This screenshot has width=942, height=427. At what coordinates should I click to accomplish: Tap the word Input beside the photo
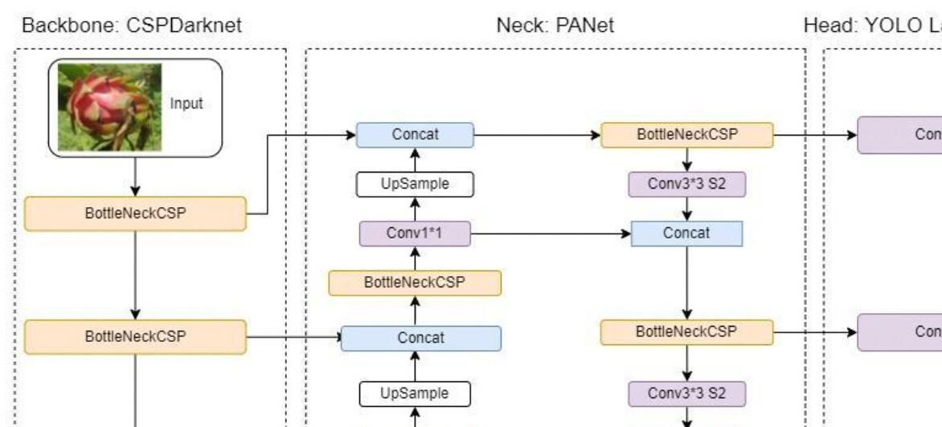pos(186,104)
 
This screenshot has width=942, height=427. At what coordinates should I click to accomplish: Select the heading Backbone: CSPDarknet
pos(132,26)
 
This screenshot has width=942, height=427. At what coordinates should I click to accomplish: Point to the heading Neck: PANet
pos(555,26)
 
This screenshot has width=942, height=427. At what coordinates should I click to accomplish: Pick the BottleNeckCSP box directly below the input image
pos(135,214)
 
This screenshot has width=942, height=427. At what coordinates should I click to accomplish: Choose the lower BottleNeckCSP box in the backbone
pos(135,336)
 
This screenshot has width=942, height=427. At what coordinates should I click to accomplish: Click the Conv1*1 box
pos(415,234)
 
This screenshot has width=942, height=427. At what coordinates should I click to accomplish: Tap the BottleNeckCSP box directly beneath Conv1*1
pos(415,283)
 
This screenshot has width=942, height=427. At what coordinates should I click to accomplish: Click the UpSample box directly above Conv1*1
pos(415,185)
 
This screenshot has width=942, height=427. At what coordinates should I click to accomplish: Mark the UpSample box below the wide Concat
pos(415,393)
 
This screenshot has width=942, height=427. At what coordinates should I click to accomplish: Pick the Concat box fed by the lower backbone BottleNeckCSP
pos(421,338)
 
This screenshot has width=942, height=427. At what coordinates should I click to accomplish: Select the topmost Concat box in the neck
pos(415,135)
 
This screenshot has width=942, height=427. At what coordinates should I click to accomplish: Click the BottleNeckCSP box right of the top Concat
pos(687,135)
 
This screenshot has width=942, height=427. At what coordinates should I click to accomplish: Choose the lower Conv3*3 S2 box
pos(687,393)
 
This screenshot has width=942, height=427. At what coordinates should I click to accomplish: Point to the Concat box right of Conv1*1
pos(687,234)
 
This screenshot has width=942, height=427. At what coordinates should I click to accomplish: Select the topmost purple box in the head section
pos(899,135)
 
